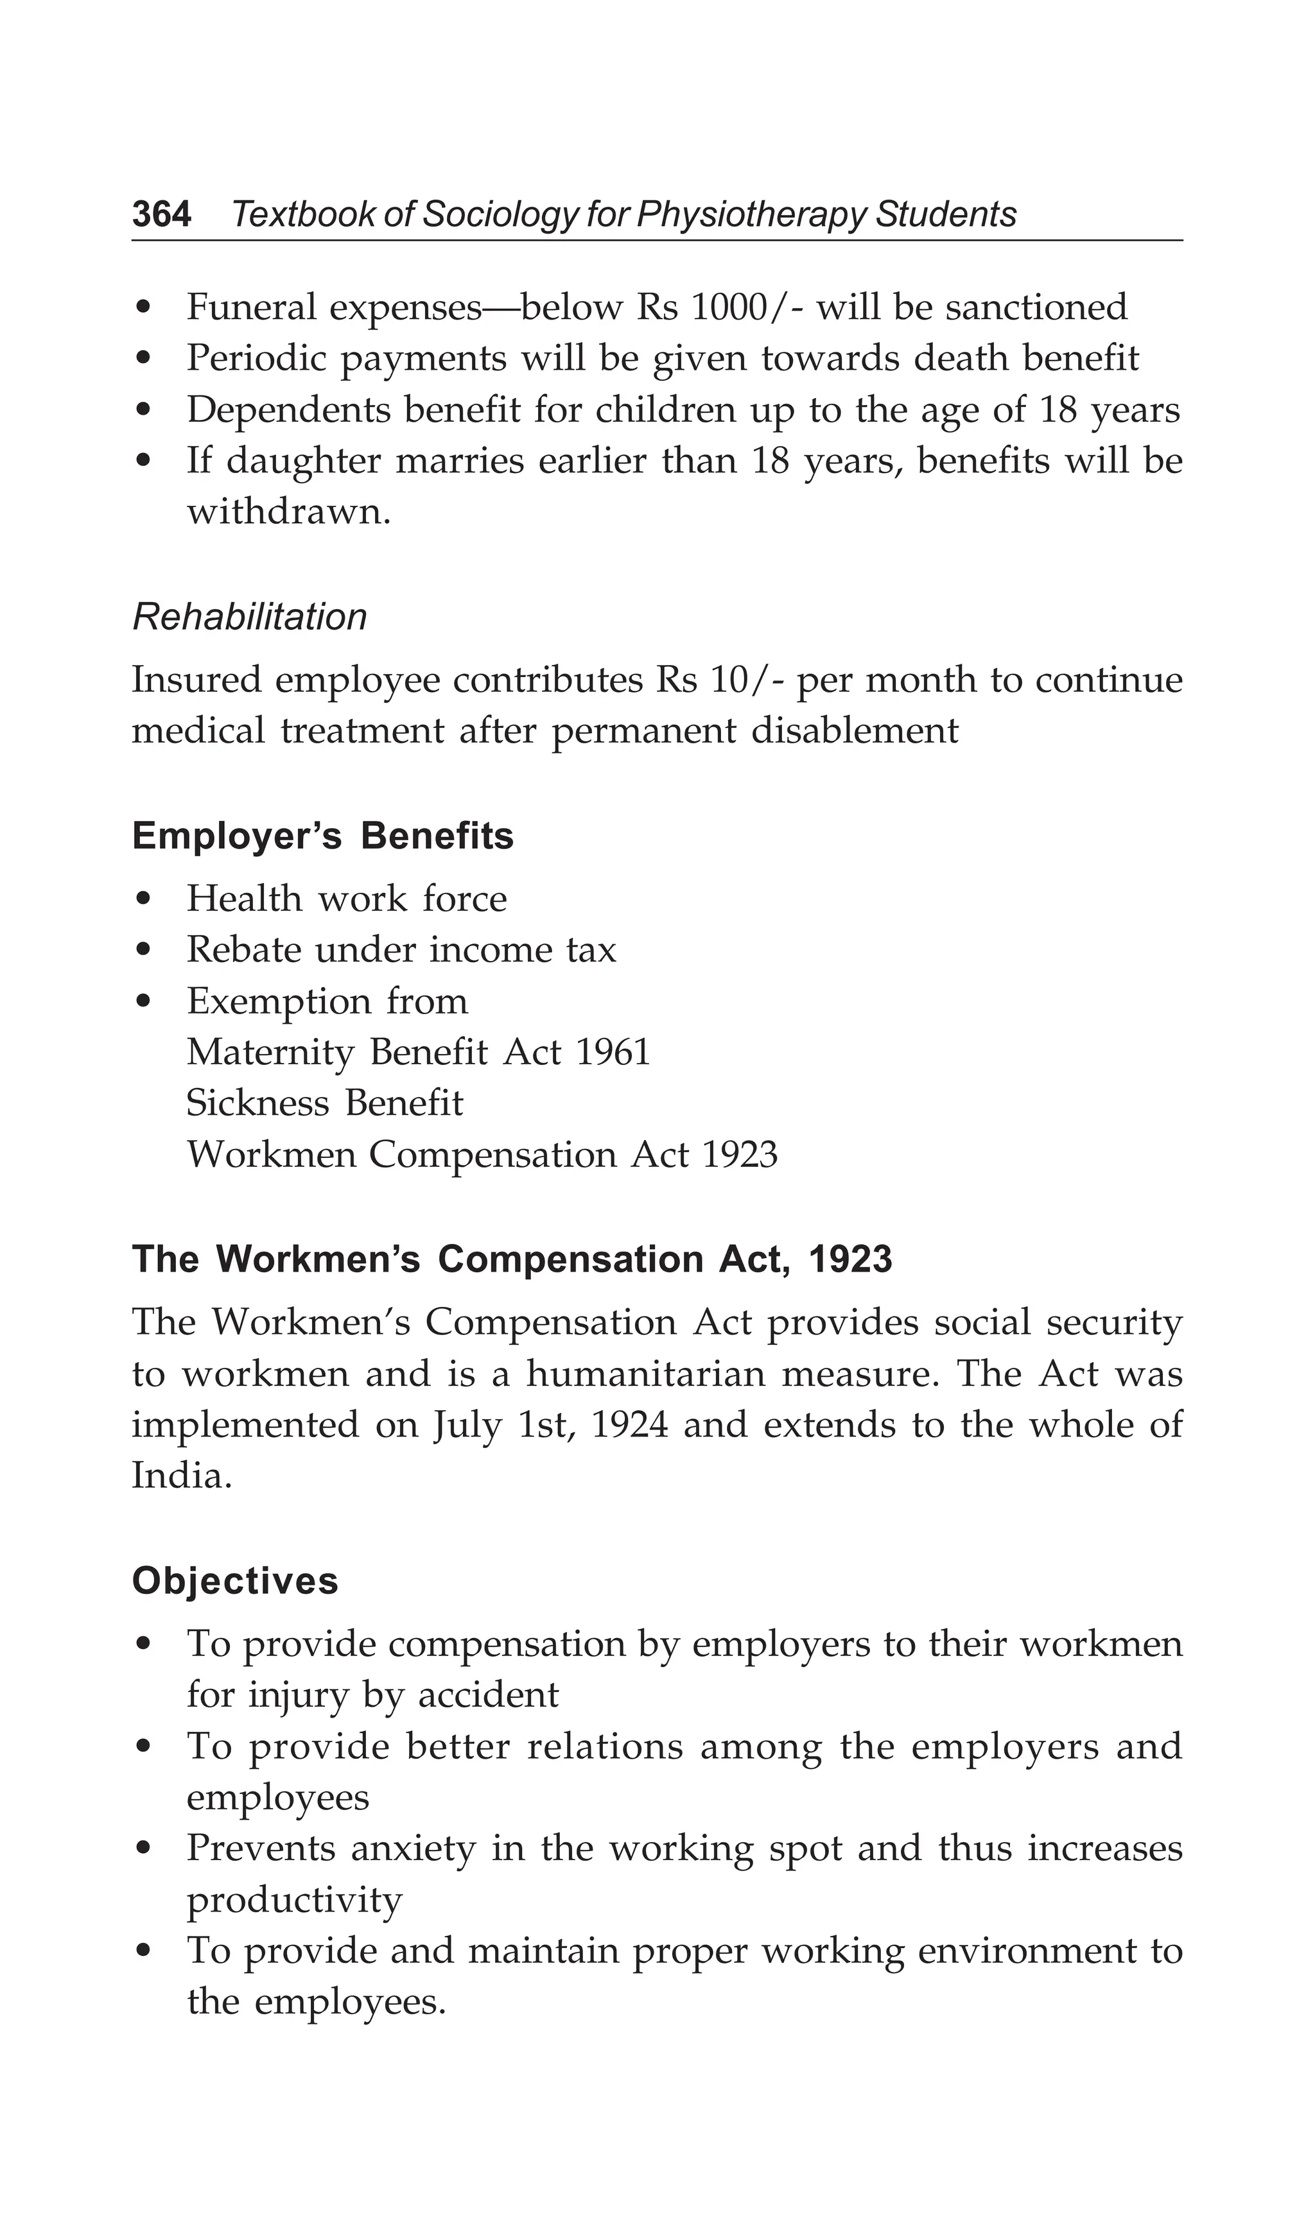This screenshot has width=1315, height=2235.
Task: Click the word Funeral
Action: (251, 307)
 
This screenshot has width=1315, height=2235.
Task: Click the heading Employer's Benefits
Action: (323, 836)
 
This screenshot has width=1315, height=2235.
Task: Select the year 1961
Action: (613, 1053)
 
